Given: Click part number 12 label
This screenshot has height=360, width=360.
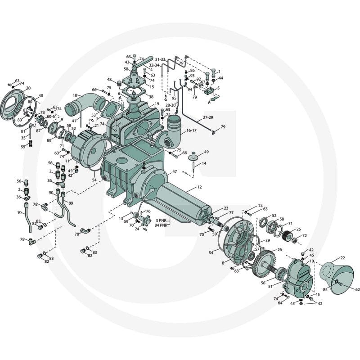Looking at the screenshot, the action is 199,187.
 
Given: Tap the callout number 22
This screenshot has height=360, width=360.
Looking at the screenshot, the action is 342,258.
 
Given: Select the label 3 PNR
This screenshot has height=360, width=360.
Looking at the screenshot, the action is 161,220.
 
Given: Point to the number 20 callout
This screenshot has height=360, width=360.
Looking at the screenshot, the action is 28,88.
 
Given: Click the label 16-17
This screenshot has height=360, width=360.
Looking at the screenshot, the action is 192,130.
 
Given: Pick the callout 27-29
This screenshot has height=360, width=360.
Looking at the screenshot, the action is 208,117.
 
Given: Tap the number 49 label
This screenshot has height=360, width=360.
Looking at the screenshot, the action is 207,152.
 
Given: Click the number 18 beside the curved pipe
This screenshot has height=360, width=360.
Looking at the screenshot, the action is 75,95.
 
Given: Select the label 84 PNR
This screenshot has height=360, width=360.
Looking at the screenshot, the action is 161,225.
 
